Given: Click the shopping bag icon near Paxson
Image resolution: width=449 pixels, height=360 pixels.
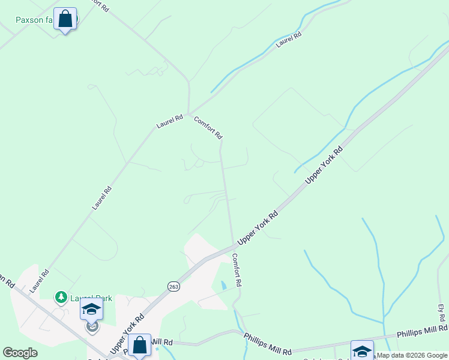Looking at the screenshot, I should [65, 19].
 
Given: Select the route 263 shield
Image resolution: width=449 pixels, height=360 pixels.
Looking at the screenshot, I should [173, 286].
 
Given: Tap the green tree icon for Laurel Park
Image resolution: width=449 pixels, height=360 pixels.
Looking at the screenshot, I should [61, 297].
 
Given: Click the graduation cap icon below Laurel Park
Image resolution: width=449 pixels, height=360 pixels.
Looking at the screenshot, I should [92, 310].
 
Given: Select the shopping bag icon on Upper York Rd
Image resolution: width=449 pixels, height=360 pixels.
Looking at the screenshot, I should [139, 345].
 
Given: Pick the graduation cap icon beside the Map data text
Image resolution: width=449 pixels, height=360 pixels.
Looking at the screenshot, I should [362, 350].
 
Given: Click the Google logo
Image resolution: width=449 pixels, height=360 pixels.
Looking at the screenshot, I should [20, 353].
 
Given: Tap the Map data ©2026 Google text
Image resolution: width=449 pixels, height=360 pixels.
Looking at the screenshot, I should [412, 355].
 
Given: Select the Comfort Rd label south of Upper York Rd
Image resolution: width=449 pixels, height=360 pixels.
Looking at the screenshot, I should [237, 269].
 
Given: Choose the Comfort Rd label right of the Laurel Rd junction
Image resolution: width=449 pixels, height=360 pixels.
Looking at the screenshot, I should [208, 128].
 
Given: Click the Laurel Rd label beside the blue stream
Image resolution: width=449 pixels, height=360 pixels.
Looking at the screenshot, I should [289, 40].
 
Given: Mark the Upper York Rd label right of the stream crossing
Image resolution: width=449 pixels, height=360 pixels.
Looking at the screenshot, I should [324, 165].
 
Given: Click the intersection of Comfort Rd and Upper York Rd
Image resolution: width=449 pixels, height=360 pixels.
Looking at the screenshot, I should [233, 245].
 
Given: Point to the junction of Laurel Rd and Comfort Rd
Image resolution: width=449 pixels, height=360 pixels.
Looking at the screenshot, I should [189, 113].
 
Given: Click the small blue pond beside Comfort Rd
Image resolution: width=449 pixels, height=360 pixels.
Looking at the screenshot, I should [223, 286].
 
